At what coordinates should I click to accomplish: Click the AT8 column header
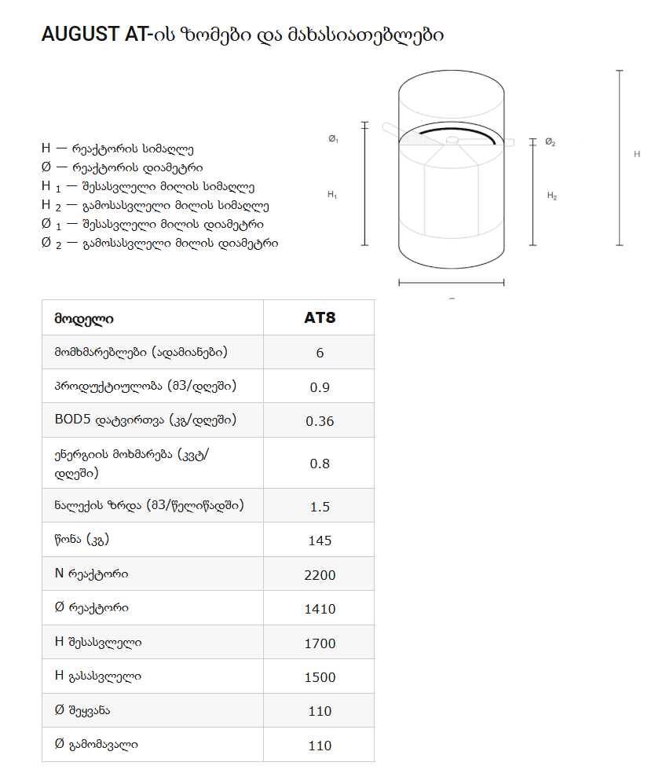pyautogui.click(x=320, y=318)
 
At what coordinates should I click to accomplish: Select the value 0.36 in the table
pyautogui.click(x=320, y=421)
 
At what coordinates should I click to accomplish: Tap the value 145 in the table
pyautogui.click(x=320, y=541)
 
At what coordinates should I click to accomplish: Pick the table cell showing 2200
pyautogui.click(x=320, y=575)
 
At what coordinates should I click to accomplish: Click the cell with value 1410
pyautogui.click(x=320, y=609)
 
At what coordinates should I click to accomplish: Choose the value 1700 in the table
pyautogui.click(x=320, y=643)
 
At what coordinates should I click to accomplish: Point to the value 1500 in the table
pyautogui.click(x=320, y=677)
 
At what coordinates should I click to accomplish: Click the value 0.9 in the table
pyautogui.click(x=320, y=387)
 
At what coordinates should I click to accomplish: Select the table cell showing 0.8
pyautogui.click(x=320, y=464)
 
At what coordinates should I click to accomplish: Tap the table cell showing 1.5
pyautogui.click(x=320, y=507)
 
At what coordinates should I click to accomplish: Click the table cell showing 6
pyautogui.click(x=320, y=353)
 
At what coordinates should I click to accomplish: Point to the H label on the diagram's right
pyautogui.click(x=637, y=154)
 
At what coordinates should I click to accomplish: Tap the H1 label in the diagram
pyautogui.click(x=332, y=194)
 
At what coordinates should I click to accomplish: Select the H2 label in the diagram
pyautogui.click(x=552, y=196)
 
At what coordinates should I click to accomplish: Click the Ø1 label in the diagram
pyautogui.click(x=333, y=139)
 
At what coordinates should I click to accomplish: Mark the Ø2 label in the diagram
pyautogui.click(x=551, y=142)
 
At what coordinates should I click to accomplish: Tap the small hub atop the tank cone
pyautogui.click(x=452, y=141)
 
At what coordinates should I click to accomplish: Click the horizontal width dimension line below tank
pyautogui.click(x=451, y=283)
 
